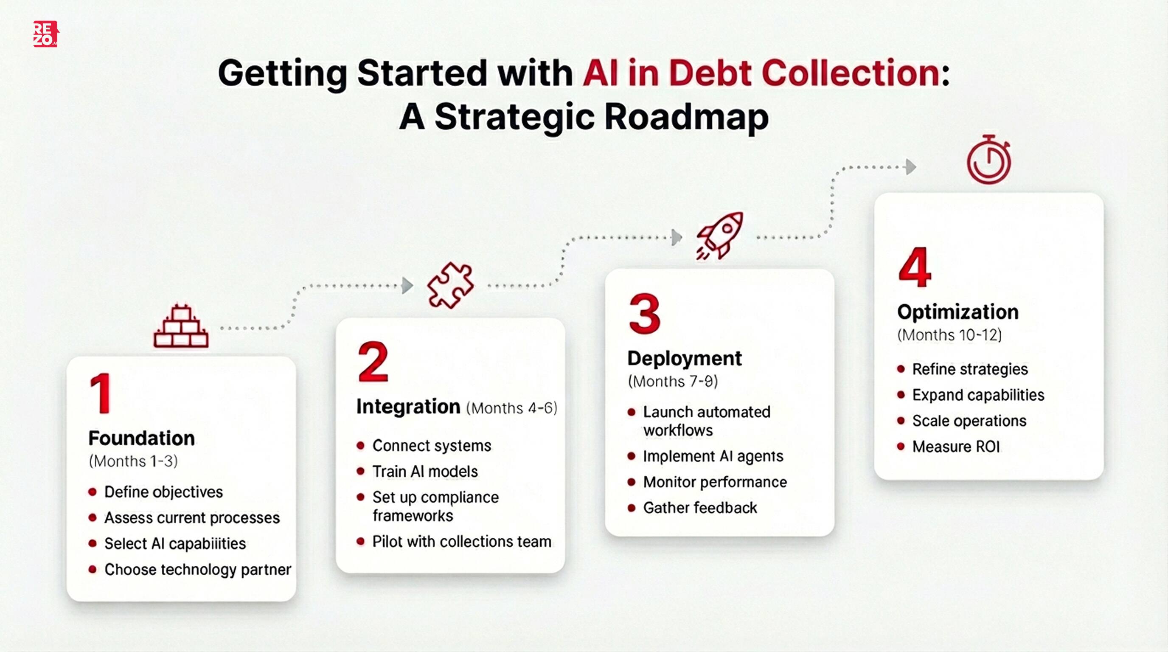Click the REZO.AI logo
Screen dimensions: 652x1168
click(x=45, y=34)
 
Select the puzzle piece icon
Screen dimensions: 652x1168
click(x=450, y=285)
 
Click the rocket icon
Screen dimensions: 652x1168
click(x=720, y=235)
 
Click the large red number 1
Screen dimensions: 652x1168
click(x=101, y=393)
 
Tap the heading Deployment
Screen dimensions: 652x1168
click(x=684, y=358)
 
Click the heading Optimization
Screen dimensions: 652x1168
click(x=957, y=312)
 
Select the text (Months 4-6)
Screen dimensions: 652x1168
click(x=512, y=408)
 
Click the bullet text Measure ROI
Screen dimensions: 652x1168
click(x=956, y=447)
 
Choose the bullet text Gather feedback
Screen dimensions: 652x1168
click(x=699, y=508)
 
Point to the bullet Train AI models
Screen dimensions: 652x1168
click(x=425, y=472)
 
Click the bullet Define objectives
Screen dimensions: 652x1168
click(x=163, y=492)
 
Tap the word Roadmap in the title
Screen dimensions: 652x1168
click(x=686, y=117)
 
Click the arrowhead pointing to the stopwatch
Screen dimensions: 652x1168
click(x=910, y=167)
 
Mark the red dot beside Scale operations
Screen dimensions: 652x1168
click(x=901, y=421)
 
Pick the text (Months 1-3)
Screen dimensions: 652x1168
click(x=133, y=461)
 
